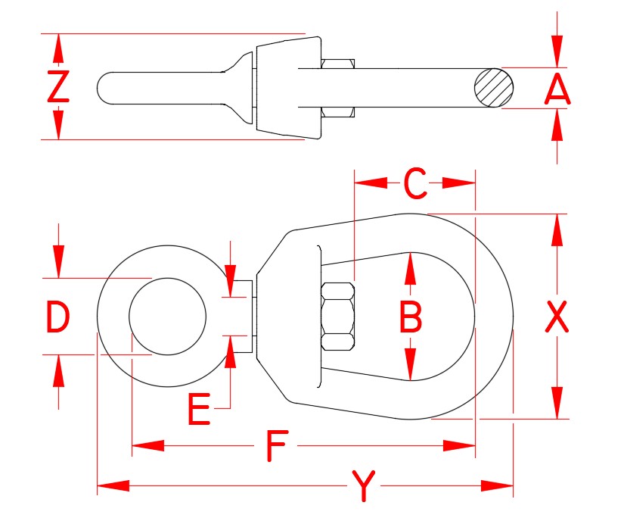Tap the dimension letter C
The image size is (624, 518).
(414, 183)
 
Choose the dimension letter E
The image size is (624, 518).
(199, 410)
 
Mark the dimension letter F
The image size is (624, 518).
(277, 446)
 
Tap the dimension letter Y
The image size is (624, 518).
(364, 485)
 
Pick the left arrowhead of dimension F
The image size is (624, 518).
(148, 446)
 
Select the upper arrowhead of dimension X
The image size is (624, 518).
(557, 229)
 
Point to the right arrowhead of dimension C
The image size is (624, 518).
(459, 183)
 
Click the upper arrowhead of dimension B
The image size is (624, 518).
(411, 268)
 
